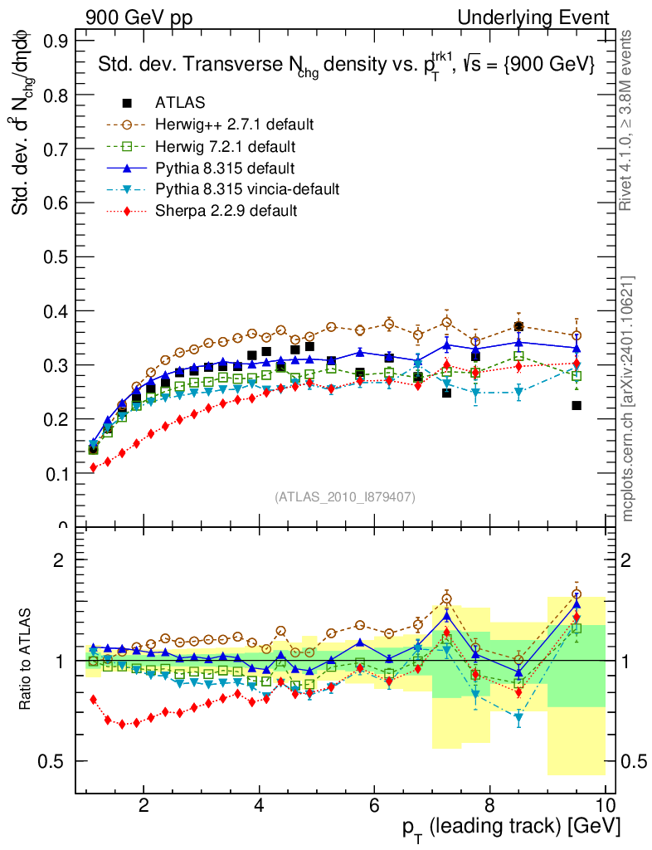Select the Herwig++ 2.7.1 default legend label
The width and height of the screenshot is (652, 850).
pos(234,125)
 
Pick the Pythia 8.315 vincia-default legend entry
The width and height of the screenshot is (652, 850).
pos(246,189)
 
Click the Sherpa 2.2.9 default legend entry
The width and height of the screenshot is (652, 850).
pos(226,211)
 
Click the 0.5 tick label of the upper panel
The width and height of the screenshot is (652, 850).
pos(57,256)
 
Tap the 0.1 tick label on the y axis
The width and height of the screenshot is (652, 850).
pos(57,473)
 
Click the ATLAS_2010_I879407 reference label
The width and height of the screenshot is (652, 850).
pos(345,496)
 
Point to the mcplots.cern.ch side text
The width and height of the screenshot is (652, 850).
pos(628,398)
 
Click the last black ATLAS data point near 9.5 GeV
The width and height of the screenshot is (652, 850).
pos(577,405)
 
